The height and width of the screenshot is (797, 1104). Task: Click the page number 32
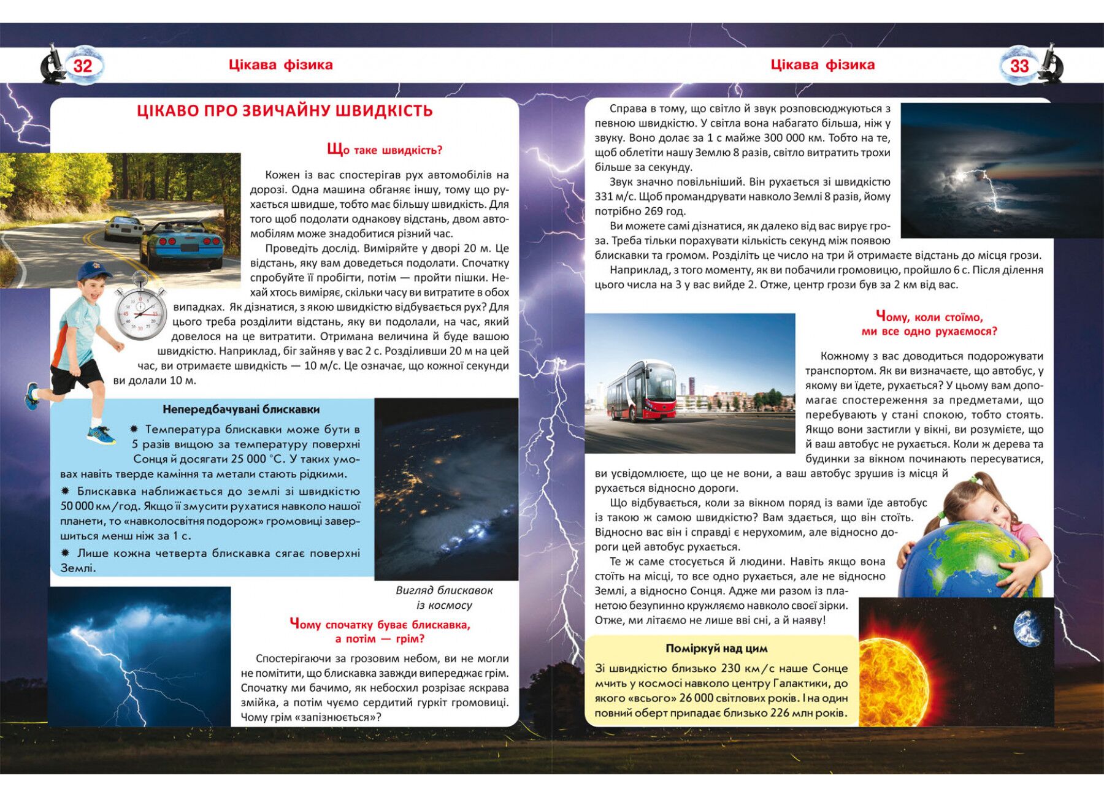[x=83, y=66]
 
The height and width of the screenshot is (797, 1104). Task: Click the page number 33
[x=1019, y=66]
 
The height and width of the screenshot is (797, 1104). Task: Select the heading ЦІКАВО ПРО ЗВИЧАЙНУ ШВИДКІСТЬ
[x=285, y=111]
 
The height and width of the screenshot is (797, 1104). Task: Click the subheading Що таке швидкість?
[x=385, y=150]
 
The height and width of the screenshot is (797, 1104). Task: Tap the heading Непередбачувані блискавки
[x=241, y=410]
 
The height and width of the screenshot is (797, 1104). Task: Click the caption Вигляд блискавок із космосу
[x=444, y=598]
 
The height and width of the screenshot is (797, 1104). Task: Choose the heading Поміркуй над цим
[x=716, y=649]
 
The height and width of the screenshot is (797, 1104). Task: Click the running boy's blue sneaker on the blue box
[x=101, y=435]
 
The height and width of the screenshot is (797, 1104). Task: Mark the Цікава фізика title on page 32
[x=280, y=65]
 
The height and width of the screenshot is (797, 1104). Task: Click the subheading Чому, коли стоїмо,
[x=929, y=317]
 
